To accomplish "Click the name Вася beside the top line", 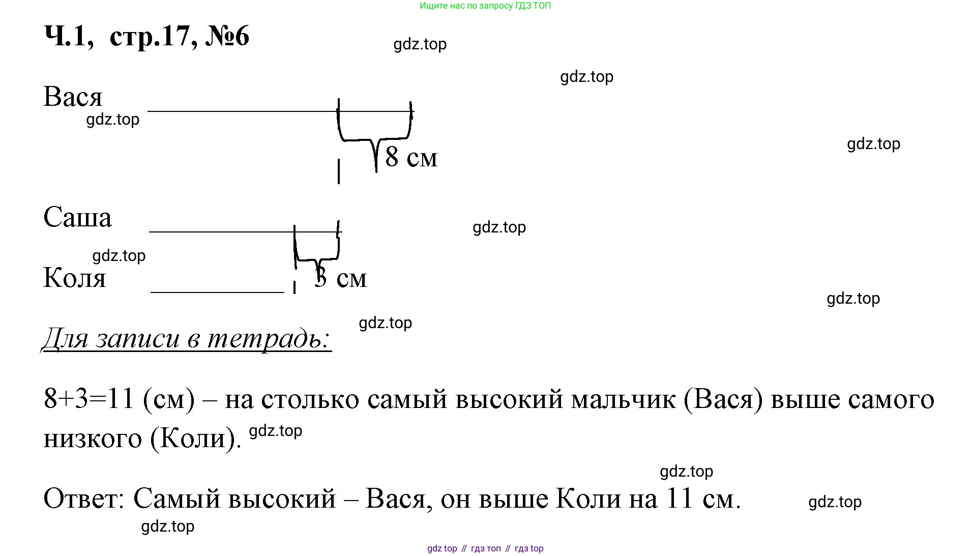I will click(73, 97).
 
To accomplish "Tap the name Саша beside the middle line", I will click(77, 218).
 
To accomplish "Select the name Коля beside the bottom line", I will click(75, 278).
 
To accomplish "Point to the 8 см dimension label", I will click(411, 157).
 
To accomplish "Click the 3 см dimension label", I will click(340, 279).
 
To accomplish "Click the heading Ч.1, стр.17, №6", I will click(147, 37).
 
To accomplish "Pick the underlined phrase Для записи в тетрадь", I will click(186, 338).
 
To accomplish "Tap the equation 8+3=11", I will click(89, 399).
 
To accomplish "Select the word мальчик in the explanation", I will click(624, 399).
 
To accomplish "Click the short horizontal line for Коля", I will click(217, 292).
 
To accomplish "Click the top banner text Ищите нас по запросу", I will click(485, 6).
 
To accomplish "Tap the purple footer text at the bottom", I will click(485, 548).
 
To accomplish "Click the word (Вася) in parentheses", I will click(723, 399).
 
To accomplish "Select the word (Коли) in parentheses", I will click(195, 438).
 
